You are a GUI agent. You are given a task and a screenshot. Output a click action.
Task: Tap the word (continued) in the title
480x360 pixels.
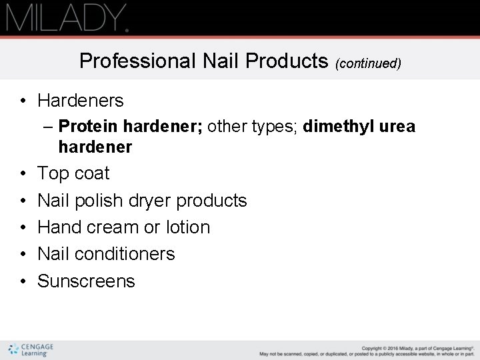click(368, 63)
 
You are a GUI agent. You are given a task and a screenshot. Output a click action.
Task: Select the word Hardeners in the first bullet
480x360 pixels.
click(81, 101)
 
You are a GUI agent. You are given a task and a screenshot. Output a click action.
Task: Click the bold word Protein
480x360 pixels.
click(83, 127)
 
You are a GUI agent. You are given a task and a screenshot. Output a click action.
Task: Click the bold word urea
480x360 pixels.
click(396, 127)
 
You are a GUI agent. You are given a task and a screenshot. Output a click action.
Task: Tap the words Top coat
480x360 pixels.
click(73, 173)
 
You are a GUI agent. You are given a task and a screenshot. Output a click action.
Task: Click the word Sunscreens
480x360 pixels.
click(86, 281)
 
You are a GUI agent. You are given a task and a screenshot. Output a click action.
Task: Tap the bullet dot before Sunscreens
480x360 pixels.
click(23, 281)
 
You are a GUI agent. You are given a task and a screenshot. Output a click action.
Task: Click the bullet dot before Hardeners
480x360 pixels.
click(23, 101)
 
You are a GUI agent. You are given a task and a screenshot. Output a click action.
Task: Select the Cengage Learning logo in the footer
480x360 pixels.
click(31, 349)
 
